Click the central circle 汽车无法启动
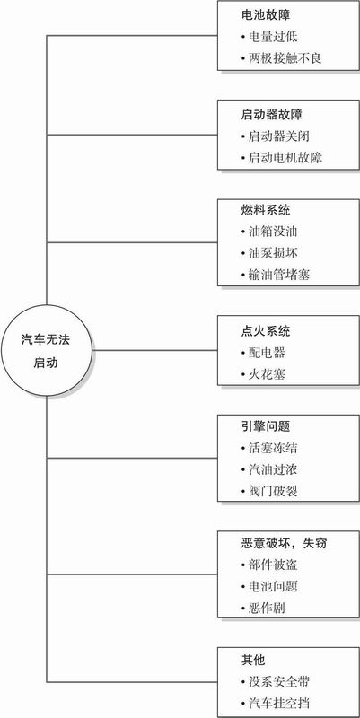[47, 350]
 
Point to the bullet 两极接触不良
[281, 58]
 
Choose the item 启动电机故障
[281, 158]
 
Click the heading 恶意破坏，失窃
[284, 543]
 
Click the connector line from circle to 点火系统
[154, 350]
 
